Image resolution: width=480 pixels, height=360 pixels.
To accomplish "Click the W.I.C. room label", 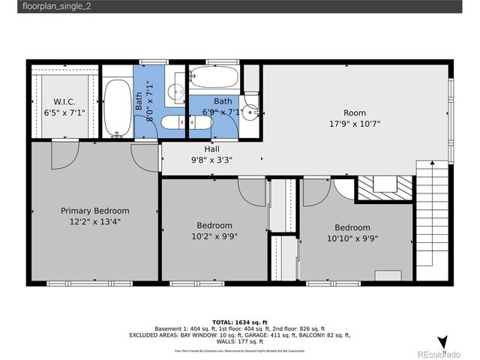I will [64, 101].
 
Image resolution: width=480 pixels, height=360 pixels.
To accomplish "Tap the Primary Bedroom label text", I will [94, 211].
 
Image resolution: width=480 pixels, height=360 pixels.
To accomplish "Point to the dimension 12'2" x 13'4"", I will [94, 221].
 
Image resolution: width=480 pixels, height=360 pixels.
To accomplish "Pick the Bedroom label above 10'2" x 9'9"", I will [214, 225].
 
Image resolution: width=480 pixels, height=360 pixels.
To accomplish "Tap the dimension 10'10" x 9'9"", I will [352, 238].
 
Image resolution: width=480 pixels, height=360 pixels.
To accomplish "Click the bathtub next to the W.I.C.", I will [115, 107].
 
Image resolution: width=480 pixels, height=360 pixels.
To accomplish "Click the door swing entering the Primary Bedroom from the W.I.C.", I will [63, 153].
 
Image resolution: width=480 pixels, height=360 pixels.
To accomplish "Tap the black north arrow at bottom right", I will [442, 342].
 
